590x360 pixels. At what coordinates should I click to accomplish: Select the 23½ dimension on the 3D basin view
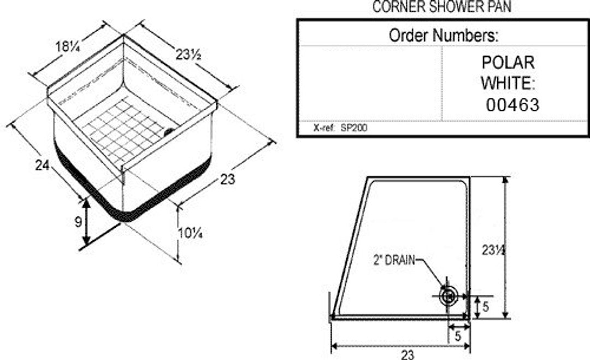pyautogui.click(x=187, y=55)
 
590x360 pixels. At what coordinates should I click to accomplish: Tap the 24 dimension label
pyautogui.click(x=42, y=165)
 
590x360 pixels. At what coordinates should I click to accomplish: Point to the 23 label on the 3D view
pyautogui.click(x=228, y=179)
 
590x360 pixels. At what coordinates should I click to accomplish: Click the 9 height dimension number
pyautogui.click(x=78, y=222)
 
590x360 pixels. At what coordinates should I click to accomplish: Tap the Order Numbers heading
pyautogui.click(x=443, y=36)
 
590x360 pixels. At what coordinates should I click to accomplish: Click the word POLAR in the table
pyautogui.click(x=508, y=62)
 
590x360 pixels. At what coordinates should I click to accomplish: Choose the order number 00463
pyautogui.click(x=512, y=105)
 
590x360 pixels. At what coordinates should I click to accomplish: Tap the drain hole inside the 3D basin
pyautogui.click(x=169, y=131)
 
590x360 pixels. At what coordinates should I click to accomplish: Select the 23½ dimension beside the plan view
pyautogui.click(x=493, y=250)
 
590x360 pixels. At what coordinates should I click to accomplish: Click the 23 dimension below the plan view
pyautogui.click(x=408, y=355)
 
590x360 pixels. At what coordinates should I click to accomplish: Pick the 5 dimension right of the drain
pyautogui.click(x=486, y=307)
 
